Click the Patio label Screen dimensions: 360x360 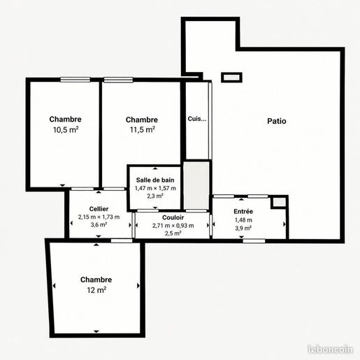point(277,121)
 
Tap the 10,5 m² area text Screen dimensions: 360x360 point(66,129)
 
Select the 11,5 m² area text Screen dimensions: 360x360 point(143,129)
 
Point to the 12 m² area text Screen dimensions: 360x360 point(96,290)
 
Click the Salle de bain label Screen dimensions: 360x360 point(155,180)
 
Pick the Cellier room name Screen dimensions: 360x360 point(99,209)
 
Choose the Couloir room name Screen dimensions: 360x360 point(173,217)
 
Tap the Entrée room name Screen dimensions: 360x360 point(243,211)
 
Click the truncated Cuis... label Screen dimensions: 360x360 point(197,119)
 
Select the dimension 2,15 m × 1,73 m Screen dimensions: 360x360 point(99,217)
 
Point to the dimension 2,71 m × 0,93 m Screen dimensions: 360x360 point(173,226)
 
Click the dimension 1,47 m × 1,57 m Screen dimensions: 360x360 point(155,188)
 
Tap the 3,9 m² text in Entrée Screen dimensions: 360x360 point(243,228)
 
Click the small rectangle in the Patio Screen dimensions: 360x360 point(231,78)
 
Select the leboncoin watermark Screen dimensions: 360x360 point(330,350)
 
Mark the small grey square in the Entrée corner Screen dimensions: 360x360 point(279,202)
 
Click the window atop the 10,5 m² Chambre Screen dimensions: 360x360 point(75,80)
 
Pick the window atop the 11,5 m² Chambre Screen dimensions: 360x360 point(118,80)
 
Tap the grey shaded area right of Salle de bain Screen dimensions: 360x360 point(196,185)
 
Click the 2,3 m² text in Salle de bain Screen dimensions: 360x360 point(155,196)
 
